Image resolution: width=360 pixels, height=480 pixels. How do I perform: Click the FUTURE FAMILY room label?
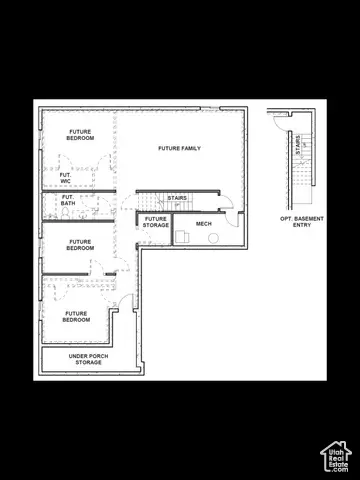pyautogui.click(x=179, y=148)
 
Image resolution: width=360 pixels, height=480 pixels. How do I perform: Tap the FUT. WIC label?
pyautogui.click(x=65, y=178)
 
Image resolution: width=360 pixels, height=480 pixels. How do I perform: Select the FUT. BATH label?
pyautogui.click(x=68, y=200)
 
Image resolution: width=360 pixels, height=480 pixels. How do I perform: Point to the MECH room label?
pyautogui.click(x=204, y=223)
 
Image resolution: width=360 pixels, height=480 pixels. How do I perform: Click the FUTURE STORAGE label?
pyautogui.click(x=155, y=222)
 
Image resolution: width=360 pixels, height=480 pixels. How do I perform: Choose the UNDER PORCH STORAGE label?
pyautogui.click(x=88, y=359)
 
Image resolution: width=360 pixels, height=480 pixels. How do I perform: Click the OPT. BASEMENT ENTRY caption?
pyautogui.click(x=302, y=222)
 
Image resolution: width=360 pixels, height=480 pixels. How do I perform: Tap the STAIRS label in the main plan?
pyautogui.click(x=177, y=198)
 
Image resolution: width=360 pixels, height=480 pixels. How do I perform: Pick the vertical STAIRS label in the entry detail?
pyautogui.click(x=297, y=145)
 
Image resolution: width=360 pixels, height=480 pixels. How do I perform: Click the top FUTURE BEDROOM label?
pyautogui.click(x=81, y=135)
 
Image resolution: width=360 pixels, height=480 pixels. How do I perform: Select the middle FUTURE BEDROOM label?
pyautogui.click(x=80, y=245)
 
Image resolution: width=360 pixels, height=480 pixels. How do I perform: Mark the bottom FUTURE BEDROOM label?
pyautogui.click(x=77, y=316)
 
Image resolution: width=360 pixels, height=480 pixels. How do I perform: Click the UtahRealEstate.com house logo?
pyautogui.click(x=335, y=456)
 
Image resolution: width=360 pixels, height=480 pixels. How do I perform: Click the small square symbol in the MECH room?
pyautogui.click(x=184, y=238)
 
